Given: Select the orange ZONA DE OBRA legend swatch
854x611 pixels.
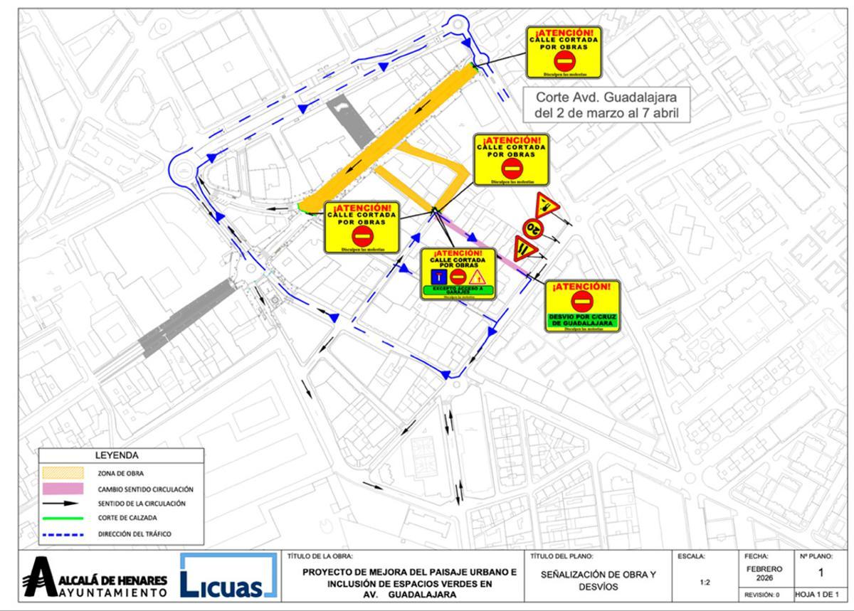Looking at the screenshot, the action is [x=63, y=472].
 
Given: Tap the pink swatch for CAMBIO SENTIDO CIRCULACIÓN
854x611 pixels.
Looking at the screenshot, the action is [x=63, y=489].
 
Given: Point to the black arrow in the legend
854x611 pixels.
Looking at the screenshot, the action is [x=63, y=503].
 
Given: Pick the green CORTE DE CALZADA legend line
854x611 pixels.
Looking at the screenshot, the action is [x=63, y=518].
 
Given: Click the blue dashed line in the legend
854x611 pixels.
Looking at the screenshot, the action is [x=63, y=533].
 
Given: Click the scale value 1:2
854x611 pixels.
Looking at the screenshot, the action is [x=704, y=582].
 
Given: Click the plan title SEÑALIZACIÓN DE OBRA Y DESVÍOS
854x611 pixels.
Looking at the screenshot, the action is [x=597, y=580].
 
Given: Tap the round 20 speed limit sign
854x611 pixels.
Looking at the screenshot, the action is [x=532, y=228].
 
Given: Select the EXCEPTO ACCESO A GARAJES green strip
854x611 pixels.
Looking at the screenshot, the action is [x=458, y=289].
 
